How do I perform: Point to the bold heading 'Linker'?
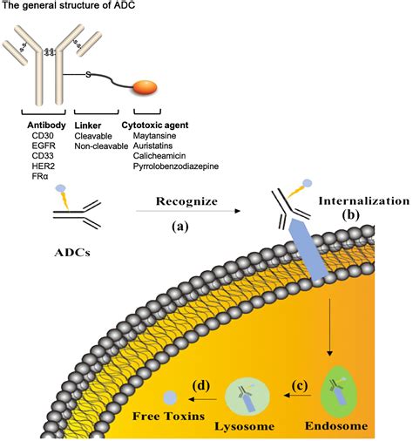click(90, 126)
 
